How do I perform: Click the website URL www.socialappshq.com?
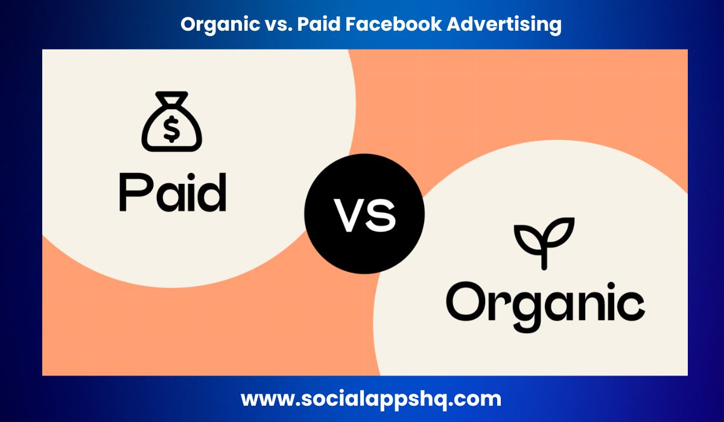(x=370, y=399)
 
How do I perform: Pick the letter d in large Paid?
(x=211, y=191)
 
